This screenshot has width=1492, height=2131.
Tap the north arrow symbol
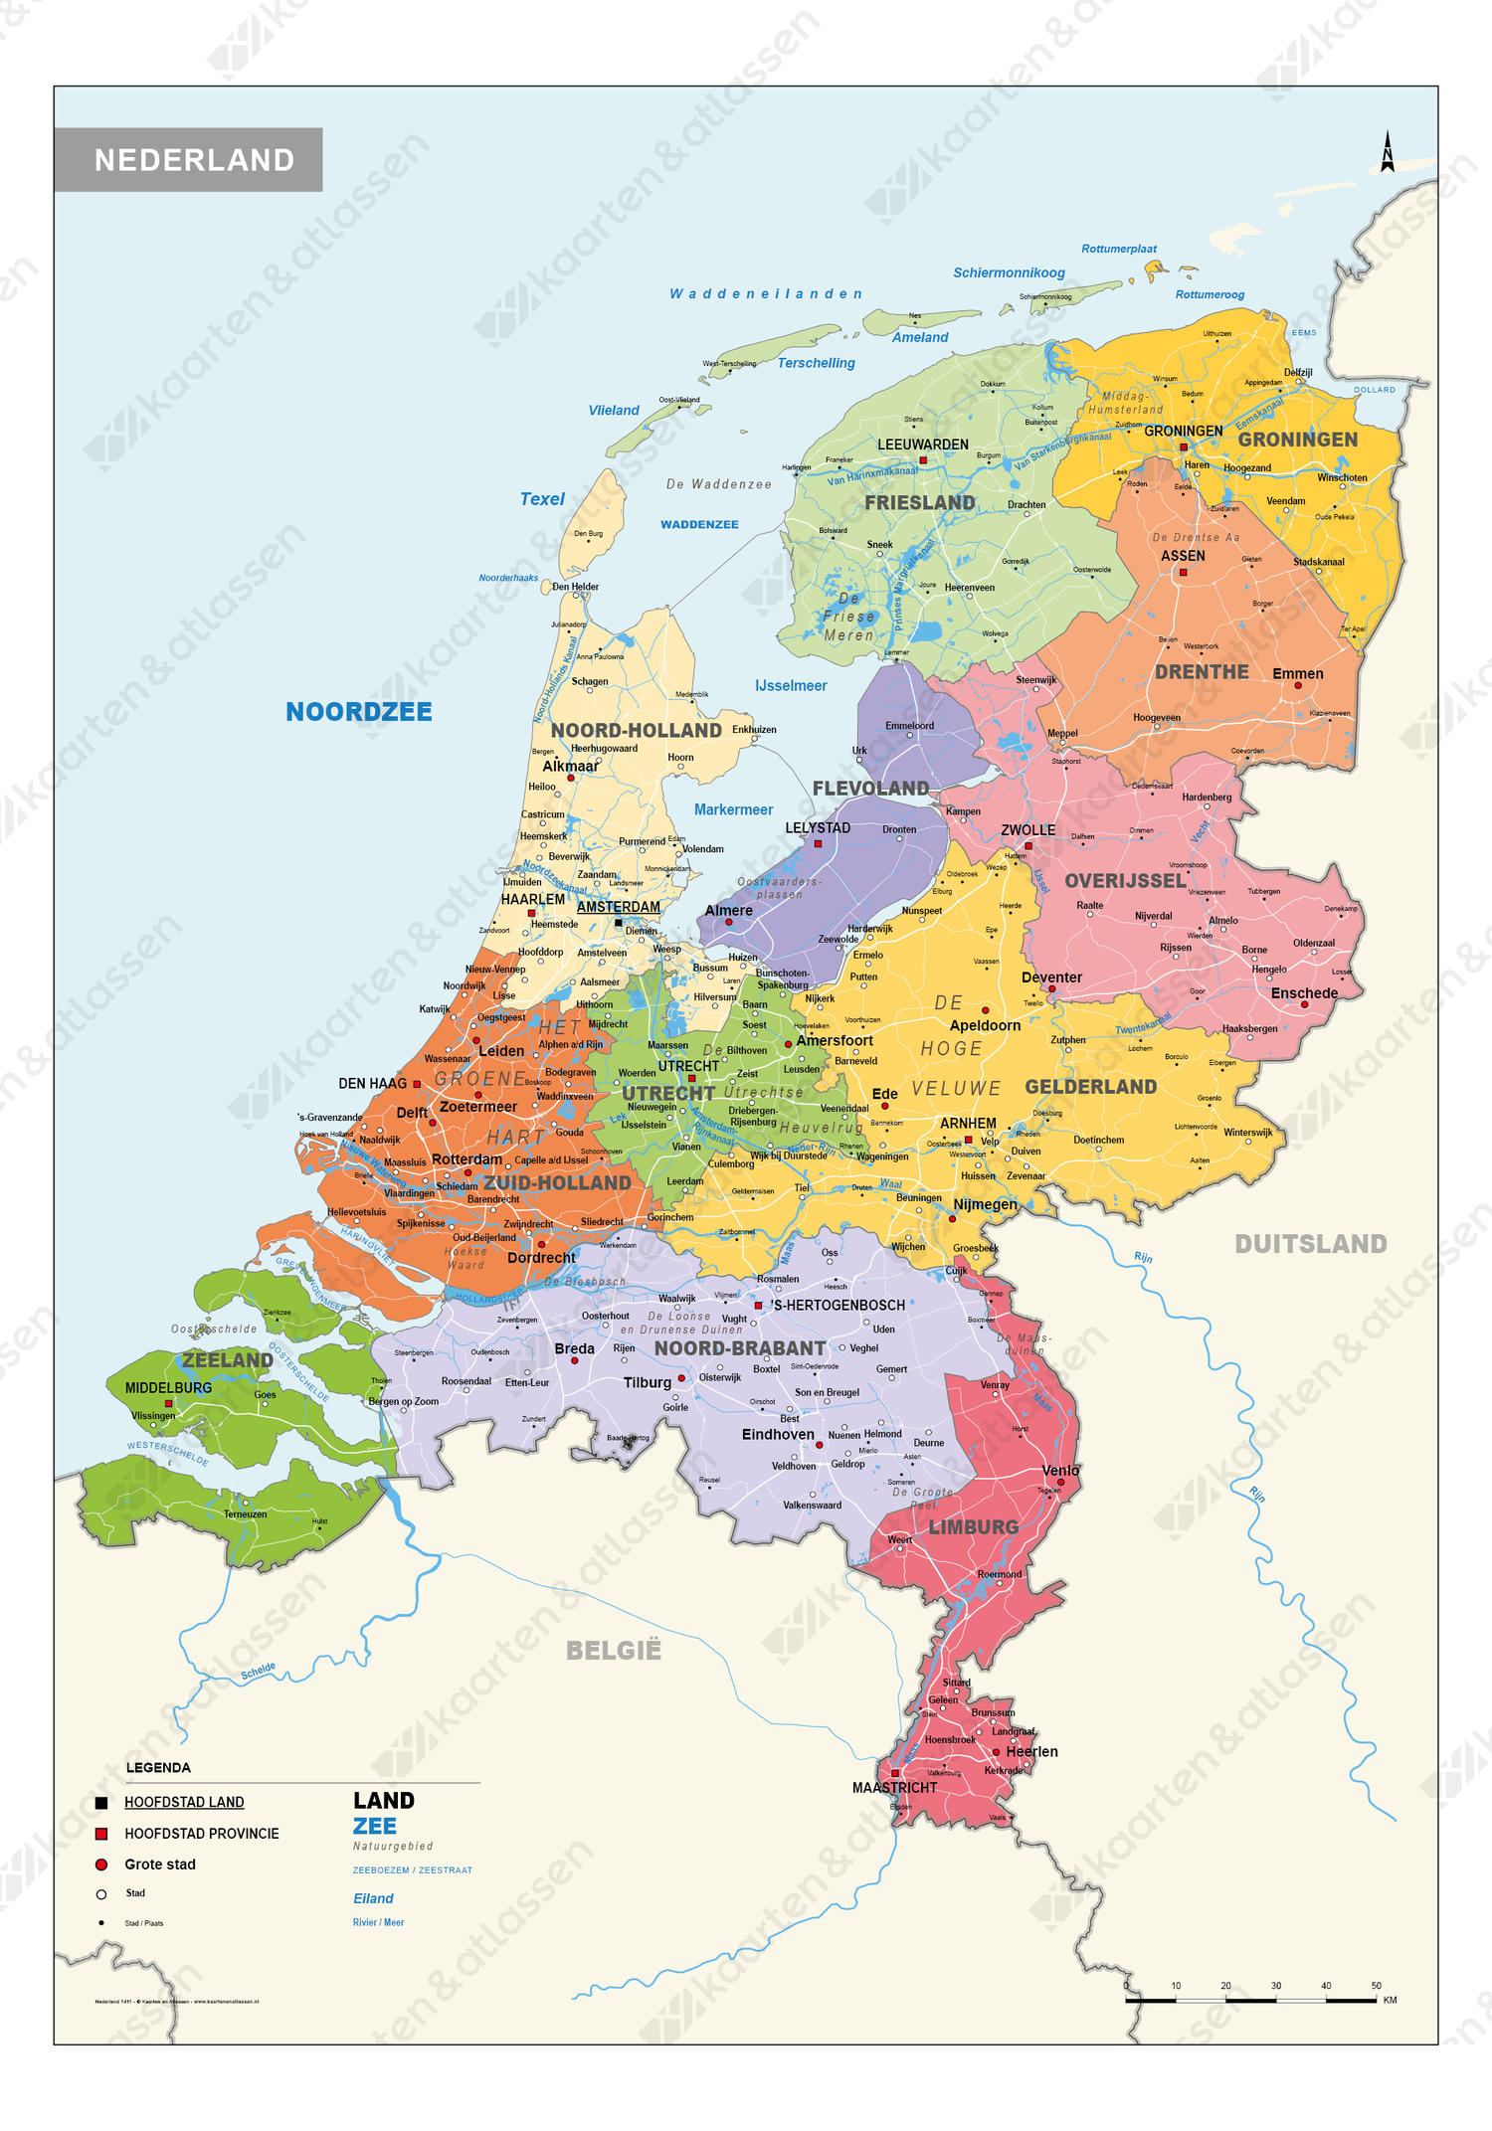(1388, 152)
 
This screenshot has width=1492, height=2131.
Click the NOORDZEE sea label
(359, 712)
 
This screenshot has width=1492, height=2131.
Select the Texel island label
(542, 499)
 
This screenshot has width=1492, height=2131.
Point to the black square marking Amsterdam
(619, 923)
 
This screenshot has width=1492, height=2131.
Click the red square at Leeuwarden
(923, 460)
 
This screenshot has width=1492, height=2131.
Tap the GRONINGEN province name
(1297, 440)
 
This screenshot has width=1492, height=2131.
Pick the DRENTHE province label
(1202, 672)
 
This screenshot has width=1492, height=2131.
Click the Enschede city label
(1304, 993)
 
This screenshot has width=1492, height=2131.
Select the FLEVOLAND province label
(870, 789)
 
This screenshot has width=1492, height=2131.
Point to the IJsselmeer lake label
(791, 686)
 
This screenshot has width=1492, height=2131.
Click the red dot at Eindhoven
(820, 1445)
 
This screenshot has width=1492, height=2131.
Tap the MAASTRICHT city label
(894, 1788)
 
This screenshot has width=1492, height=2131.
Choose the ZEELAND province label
(227, 1360)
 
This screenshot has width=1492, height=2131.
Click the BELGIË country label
(614, 1651)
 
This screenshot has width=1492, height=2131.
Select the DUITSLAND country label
(1310, 1244)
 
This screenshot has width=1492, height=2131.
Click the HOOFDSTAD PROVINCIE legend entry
(202, 1834)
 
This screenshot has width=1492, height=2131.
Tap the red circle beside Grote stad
(100, 1865)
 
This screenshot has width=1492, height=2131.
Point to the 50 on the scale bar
(1376, 1986)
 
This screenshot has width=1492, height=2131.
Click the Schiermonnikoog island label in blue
(1009, 272)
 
